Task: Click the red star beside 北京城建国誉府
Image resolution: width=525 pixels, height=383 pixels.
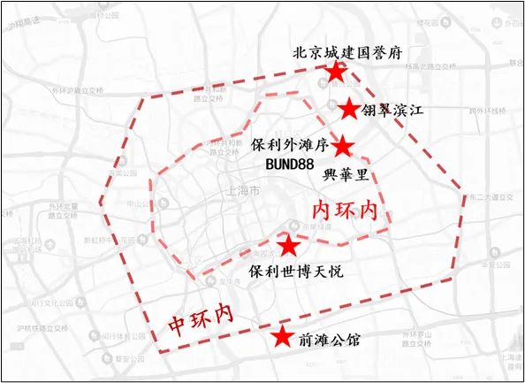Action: tap(335, 72)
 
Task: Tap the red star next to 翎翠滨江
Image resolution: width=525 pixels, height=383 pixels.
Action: tap(350, 109)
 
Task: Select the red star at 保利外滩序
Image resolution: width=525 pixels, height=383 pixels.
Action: tap(343, 146)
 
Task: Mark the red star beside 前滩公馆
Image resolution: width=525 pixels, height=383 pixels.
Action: tap(281, 337)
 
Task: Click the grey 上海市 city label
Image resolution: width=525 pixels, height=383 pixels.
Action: tap(243, 191)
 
